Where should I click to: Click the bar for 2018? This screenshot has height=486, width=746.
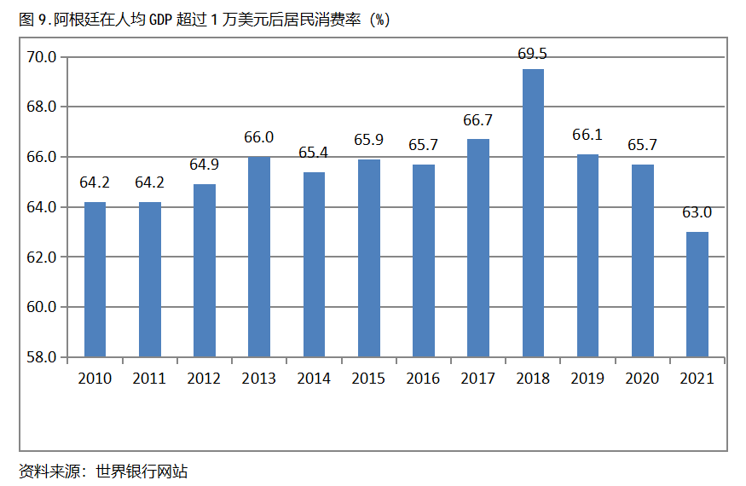click(533, 213)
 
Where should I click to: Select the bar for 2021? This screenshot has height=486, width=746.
click(697, 294)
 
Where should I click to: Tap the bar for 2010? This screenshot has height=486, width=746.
click(95, 280)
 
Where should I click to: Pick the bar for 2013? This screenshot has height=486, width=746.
click(259, 257)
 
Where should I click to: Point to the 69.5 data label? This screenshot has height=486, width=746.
click(532, 54)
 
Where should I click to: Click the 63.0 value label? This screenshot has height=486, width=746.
click(697, 212)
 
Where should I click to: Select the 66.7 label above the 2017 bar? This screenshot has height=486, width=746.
click(477, 120)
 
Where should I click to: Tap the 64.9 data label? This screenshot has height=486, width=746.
click(204, 165)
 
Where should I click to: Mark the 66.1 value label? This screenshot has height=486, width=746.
click(587, 135)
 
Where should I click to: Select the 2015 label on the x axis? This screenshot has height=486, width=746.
click(368, 379)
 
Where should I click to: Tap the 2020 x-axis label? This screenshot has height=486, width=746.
click(642, 379)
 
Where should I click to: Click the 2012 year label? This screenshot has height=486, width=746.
click(204, 379)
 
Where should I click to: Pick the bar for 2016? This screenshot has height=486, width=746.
click(423, 260)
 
